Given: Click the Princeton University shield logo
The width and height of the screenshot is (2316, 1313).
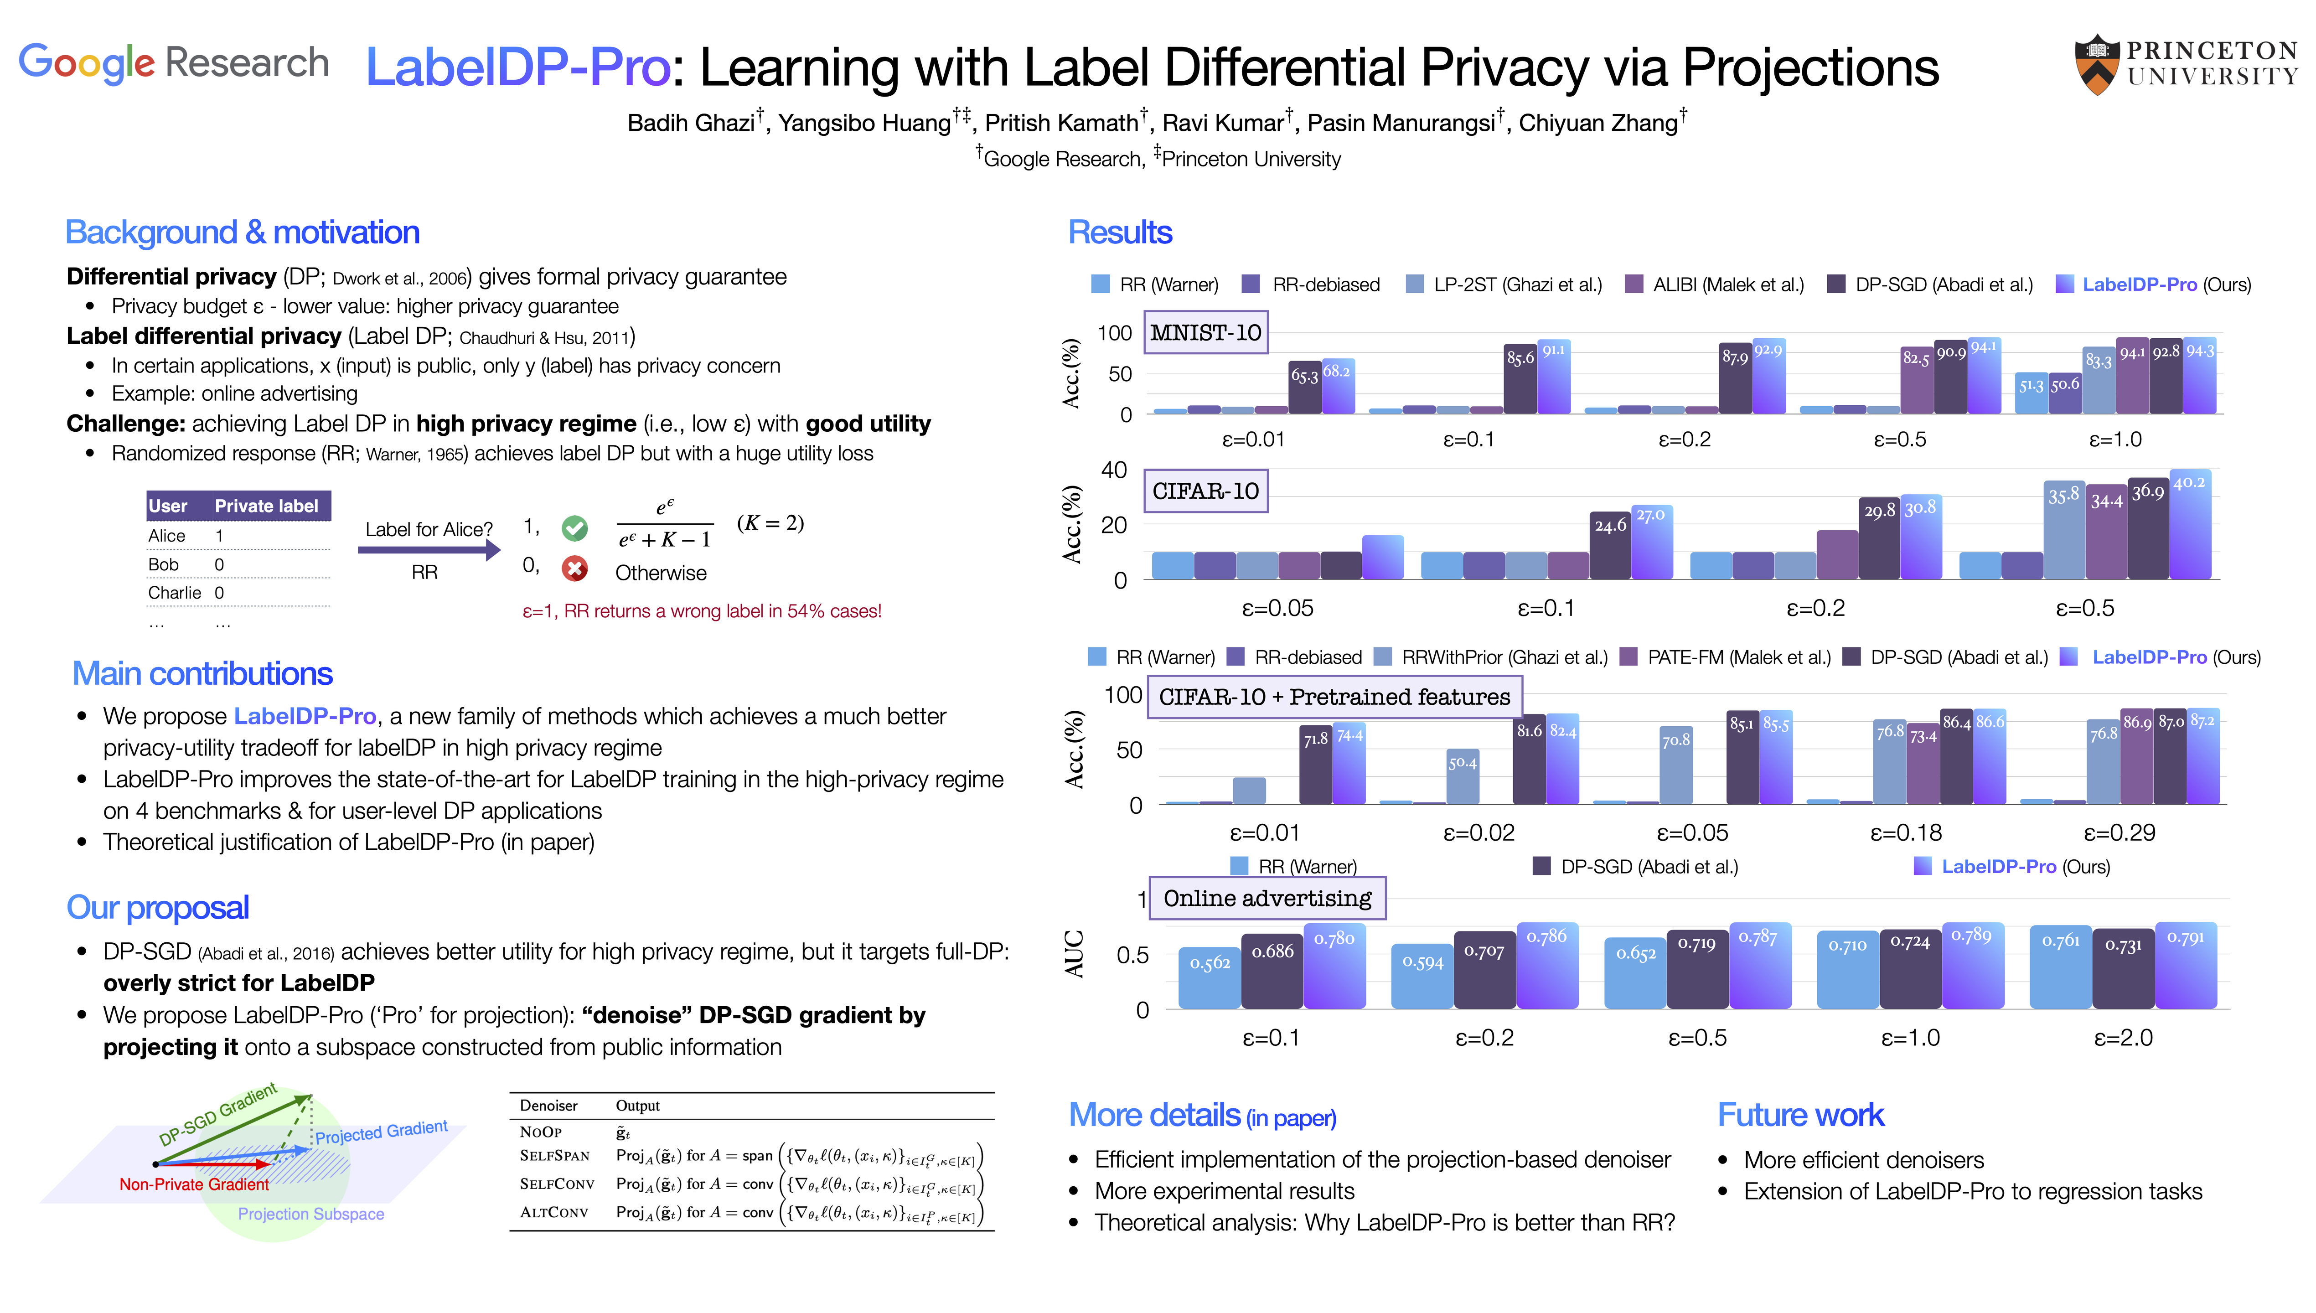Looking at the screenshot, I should point(2097,65).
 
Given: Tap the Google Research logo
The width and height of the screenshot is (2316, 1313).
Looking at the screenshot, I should point(173,63).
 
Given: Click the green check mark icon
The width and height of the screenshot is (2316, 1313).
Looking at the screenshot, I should point(574,527).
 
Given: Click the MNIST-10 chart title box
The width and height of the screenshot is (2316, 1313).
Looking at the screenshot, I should point(1205,333).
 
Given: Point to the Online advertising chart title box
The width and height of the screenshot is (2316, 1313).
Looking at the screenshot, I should point(1267,898).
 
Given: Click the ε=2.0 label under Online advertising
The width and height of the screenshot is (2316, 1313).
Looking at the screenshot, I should point(2123,1038).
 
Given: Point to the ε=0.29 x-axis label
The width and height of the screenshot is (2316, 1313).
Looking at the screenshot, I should point(2120,832).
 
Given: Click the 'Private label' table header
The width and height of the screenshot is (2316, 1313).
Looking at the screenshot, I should point(266,506).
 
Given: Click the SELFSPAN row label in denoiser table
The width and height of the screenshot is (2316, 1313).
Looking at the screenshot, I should point(554,1155).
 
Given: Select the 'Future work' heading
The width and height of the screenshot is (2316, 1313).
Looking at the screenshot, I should point(1800,1116).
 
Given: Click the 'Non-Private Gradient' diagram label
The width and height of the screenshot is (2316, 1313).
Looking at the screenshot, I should point(194,1184).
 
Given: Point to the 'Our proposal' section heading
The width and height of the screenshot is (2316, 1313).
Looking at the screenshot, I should point(158,907).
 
